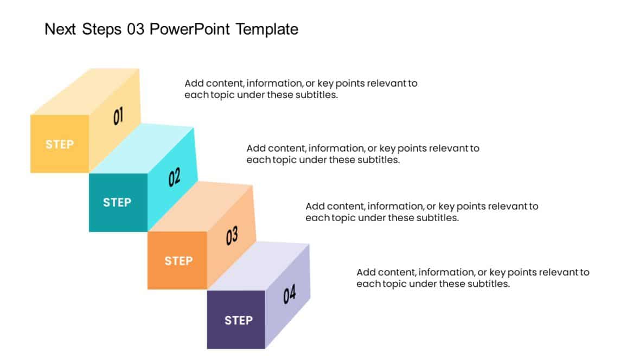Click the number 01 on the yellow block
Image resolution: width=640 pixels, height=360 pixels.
pos(118,116)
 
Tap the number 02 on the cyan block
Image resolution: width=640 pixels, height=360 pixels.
pos(174,178)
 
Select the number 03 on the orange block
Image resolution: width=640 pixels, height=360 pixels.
pos(232,236)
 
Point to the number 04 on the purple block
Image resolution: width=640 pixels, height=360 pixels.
pos(290,294)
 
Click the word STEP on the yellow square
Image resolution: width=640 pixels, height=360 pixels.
pos(60,145)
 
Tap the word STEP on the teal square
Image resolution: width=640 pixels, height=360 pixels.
pos(117,203)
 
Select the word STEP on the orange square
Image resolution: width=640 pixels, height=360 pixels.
pos(178,261)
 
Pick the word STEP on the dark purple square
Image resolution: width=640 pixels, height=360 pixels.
pos(239,320)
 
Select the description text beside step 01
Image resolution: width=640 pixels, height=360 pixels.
pos(300,89)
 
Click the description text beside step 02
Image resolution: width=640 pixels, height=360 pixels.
pos(362,154)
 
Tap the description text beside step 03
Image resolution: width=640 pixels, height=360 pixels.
pos(421,212)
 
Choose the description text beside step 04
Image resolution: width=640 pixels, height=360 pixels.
pos(472,278)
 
